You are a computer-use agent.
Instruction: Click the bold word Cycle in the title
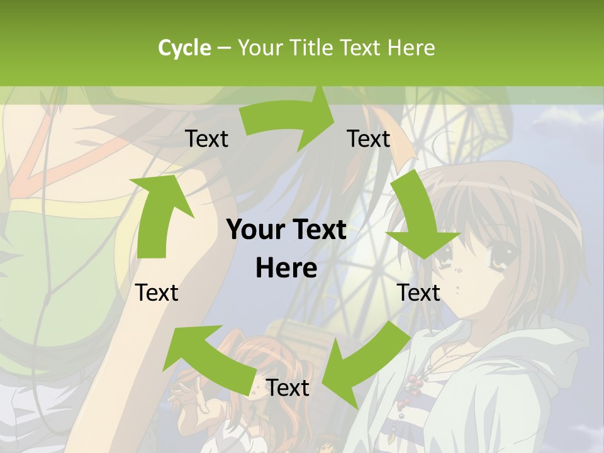(x=184, y=48)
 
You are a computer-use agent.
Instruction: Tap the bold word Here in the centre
(x=286, y=269)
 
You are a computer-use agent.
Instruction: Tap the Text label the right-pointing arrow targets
(x=369, y=138)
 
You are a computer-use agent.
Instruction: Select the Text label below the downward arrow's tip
(x=418, y=293)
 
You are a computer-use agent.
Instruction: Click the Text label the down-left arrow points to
(x=288, y=388)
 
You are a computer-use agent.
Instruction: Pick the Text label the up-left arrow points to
(x=157, y=293)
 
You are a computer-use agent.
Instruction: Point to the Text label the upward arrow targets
(x=207, y=138)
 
